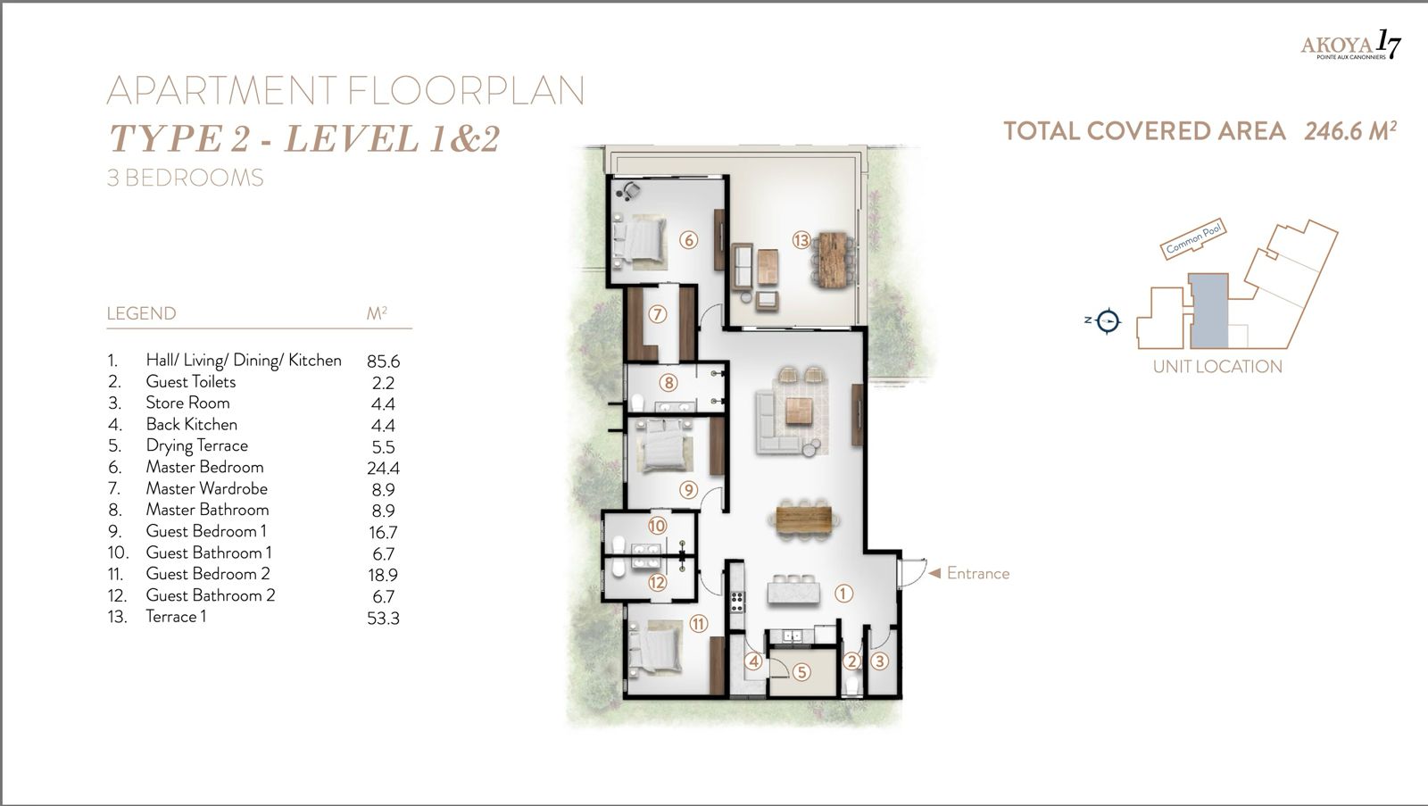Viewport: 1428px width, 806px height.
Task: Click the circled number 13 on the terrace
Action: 801,240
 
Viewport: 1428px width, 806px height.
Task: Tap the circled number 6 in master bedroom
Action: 687,239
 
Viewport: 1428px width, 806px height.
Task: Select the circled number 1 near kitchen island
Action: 843,593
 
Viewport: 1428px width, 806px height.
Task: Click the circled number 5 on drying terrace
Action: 801,672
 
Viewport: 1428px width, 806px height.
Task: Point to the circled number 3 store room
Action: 880,661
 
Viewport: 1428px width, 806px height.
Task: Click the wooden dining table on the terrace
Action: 832,259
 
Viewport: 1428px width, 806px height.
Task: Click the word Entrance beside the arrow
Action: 977,573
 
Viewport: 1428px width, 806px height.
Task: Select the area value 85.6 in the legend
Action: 383,361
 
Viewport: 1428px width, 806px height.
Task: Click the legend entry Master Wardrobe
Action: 206,488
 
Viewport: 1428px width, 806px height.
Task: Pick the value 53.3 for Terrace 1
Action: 383,618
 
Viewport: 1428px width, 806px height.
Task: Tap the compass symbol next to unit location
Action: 1108,320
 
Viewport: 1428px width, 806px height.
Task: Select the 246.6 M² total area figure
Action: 1349,131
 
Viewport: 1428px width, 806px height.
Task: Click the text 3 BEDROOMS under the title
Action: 185,178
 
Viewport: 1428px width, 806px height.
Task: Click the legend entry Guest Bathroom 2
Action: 210,595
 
